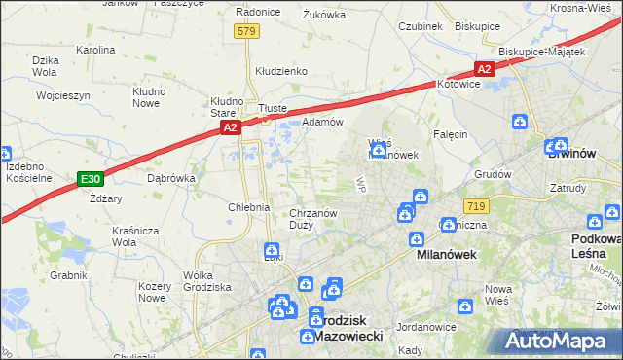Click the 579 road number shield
[x=247, y=32]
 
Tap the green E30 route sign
[x=91, y=179]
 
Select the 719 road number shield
[x=476, y=206]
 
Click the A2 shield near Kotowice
[x=485, y=69]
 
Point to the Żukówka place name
[x=324, y=15]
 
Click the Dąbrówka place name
[x=171, y=179]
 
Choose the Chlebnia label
[x=248, y=207]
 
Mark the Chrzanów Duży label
[x=313, y=219]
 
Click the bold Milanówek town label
[x=438, y=254]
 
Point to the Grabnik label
[x=69, y=275]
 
